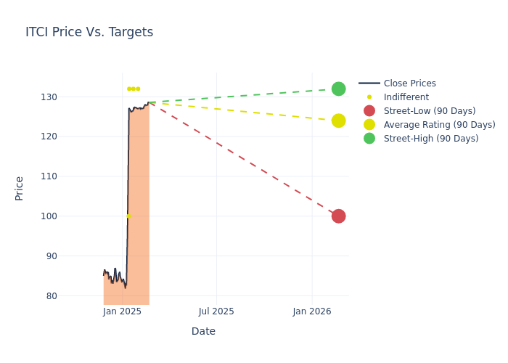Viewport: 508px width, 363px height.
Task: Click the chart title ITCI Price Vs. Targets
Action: [89, 32]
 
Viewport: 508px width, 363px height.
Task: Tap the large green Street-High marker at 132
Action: [338, 89]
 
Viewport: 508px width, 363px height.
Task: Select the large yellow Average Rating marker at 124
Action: [338, 121]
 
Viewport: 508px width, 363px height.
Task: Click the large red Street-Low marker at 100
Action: [338, 216]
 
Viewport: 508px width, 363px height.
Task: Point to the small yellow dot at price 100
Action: [128, 216]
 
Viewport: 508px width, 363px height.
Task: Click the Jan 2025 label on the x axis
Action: [122, 311]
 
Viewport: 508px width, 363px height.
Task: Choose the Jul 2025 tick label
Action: [216, 311]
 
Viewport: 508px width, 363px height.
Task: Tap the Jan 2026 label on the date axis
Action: [312, 311]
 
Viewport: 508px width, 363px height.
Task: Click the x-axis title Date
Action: [203, 332]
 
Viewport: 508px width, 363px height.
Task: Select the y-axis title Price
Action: [20, 188]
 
